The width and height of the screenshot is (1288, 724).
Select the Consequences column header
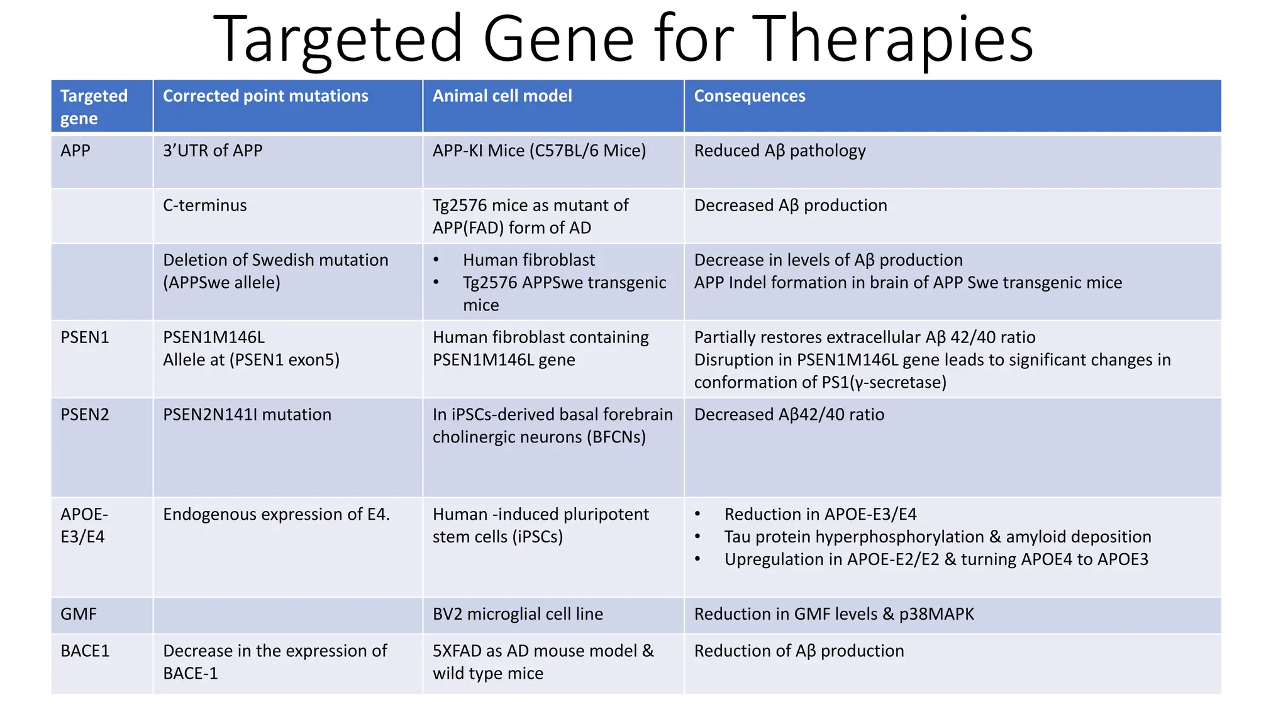point(749,96)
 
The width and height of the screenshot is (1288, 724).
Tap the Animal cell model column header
point(502,96)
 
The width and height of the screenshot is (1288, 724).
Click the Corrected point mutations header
point(265,96)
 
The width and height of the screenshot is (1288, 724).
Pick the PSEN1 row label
point(85,337)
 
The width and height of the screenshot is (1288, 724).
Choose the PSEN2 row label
point(85,415)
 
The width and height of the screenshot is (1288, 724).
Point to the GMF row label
point(79,614)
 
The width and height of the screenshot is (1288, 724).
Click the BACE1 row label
point(85,651)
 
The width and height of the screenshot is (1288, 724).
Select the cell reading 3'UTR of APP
point(213,151)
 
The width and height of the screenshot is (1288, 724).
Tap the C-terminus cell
point(204,206)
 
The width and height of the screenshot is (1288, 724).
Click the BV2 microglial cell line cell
point(518,614)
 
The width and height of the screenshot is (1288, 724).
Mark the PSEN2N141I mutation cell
point(247,415)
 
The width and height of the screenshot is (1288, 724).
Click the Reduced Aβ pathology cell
point(780,151)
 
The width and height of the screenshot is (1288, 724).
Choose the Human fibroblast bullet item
point(528,260)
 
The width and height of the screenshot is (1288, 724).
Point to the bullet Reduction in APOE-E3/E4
point(820,515)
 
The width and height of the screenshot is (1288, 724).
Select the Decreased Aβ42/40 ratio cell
point(789,415)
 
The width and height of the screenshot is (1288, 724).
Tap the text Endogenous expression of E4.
point(276,515)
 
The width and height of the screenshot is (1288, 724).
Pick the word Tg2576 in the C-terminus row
point(460,206)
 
